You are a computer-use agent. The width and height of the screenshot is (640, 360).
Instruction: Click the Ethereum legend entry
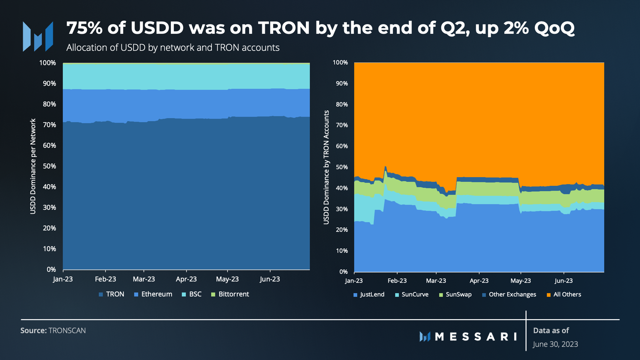[153, 294]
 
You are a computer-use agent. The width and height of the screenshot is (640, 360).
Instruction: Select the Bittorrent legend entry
[230, 294]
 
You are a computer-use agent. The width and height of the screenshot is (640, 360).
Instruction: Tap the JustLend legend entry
[369, 295]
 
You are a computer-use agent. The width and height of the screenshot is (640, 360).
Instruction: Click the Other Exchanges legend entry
[509, 295]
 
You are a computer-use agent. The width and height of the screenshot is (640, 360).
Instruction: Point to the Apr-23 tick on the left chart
[186, 279]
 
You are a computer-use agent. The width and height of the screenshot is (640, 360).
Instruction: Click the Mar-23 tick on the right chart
[436, 281]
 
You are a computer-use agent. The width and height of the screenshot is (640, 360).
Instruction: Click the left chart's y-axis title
[33, 166]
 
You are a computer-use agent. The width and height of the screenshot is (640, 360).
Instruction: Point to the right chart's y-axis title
[326, 167]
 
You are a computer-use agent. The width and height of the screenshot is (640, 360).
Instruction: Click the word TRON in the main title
[284, 28]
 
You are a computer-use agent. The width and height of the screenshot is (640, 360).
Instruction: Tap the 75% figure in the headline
[84, 28]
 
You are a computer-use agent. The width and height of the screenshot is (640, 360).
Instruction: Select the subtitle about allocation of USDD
[173, 48]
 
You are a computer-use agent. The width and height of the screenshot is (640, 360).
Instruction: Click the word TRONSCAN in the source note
[67, 331]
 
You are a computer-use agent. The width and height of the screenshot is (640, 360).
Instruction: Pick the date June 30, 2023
[555, 344]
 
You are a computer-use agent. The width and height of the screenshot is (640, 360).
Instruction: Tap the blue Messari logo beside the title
[38, 36]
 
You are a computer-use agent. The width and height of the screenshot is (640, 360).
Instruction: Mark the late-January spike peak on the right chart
[385, 166]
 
